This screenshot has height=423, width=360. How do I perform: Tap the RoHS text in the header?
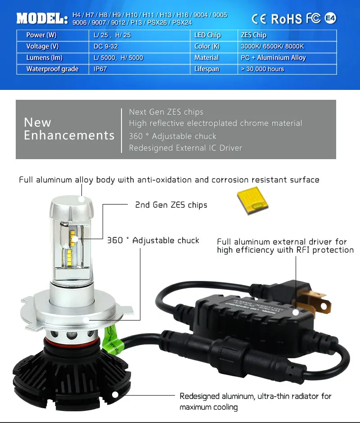click(286, 19)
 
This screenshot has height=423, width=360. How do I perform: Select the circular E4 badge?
click(330, 18)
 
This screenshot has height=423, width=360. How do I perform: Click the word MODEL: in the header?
click(42, 19)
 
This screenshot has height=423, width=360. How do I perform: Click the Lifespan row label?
click(207, 69)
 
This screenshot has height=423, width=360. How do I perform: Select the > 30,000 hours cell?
click(262, 69)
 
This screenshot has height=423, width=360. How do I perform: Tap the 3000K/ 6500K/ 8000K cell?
click(273, 46)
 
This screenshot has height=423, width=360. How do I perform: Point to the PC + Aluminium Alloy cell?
click(273, 58)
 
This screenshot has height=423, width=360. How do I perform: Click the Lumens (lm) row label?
click(44, 58)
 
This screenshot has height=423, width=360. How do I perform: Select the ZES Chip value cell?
click(254, 35)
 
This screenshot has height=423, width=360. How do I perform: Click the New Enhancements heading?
click(69, 129)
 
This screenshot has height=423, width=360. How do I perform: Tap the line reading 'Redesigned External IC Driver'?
click(185, 148)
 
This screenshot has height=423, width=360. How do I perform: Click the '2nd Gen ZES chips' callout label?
click(171, 205)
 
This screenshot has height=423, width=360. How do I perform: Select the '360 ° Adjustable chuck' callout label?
click(153, 240)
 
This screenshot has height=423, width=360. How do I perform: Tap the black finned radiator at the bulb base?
click(67, 382)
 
